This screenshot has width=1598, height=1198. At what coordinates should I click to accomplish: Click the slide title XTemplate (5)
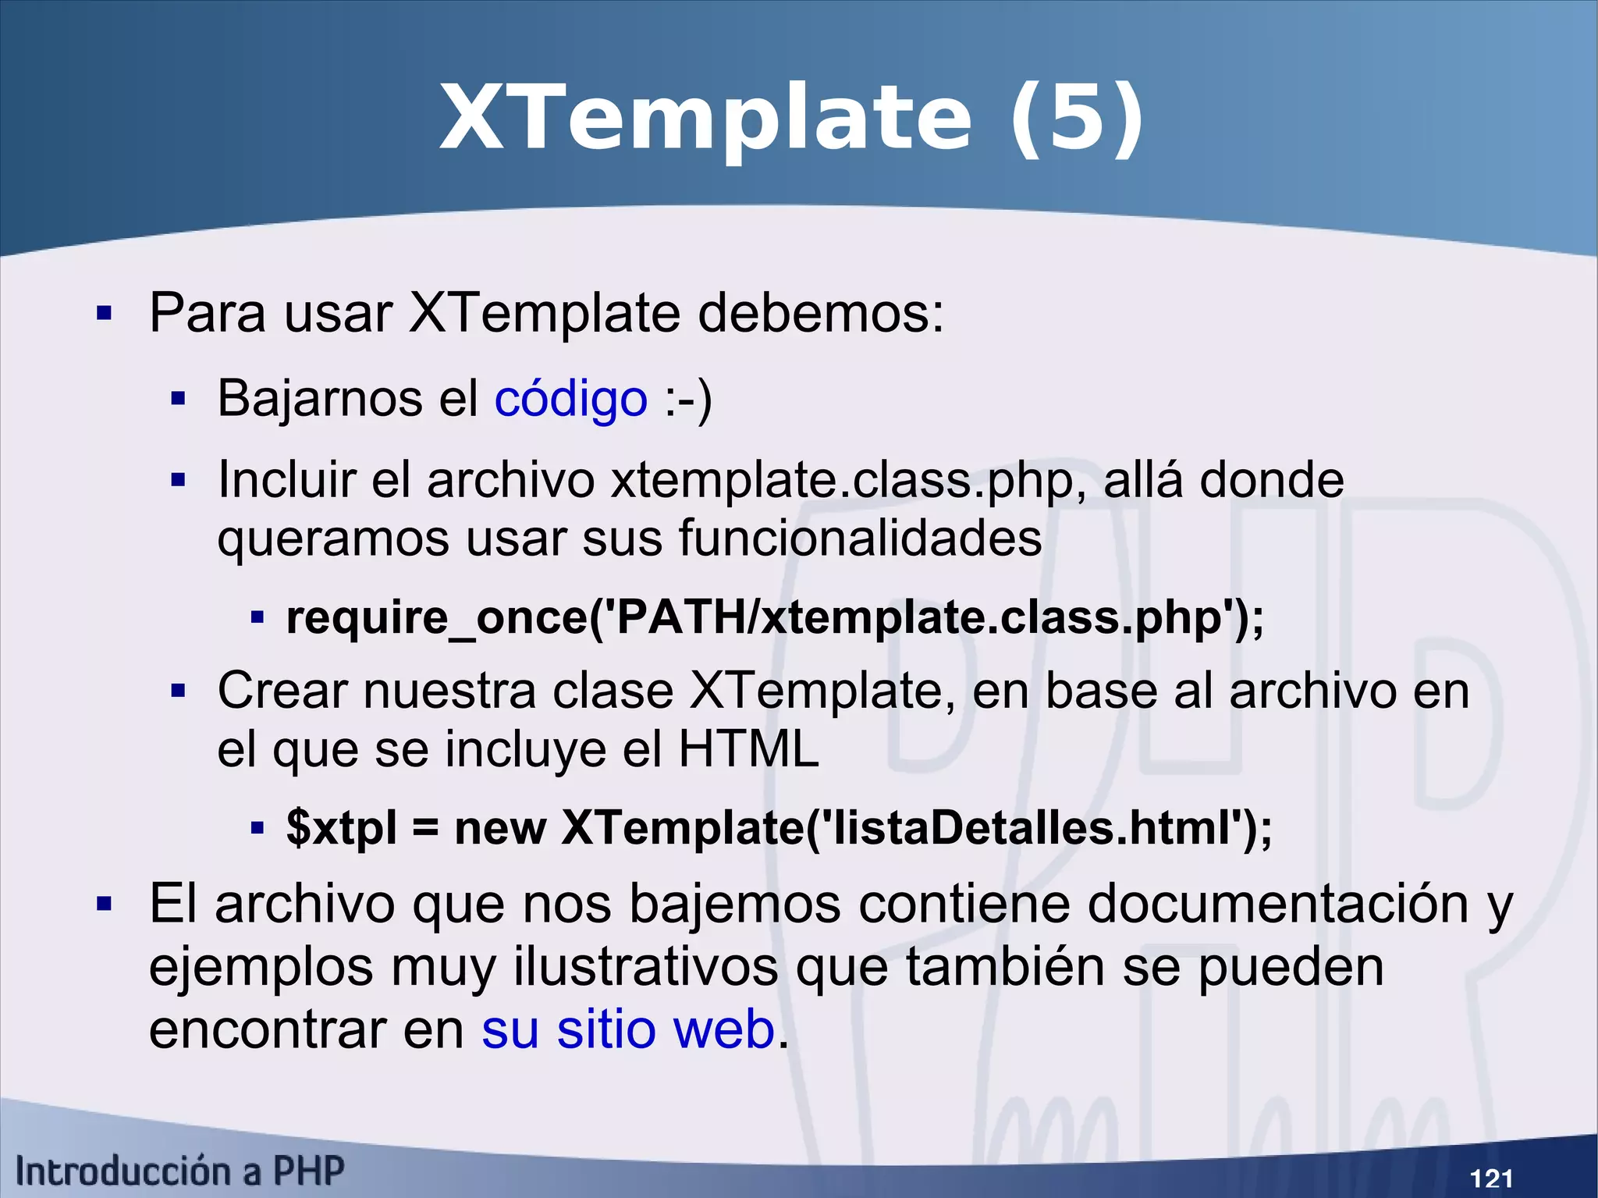(x=791, y=119)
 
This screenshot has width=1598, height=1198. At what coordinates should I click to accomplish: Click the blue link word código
(x=570, y=399)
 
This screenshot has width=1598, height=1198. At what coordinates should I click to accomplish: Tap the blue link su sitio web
(x=628, y=1029)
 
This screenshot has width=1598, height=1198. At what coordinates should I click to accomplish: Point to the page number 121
(x=1490, y=1178)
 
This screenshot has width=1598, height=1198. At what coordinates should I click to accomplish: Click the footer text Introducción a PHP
(x=179, y=1171)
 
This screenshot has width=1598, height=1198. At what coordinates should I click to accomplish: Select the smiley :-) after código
(x=688, y=399)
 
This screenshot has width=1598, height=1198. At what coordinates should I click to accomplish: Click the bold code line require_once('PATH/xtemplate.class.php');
(x=775, y=618)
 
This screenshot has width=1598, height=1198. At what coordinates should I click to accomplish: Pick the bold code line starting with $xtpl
(x=779, y=828)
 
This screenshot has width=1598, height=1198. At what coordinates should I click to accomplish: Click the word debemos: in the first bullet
(x=820, y=314)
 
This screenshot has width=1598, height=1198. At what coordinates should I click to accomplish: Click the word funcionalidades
(x=860, y=539)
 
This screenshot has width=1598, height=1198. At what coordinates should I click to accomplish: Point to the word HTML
(x=748, y=750)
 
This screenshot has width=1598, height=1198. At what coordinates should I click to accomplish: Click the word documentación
(x=1277, y=905)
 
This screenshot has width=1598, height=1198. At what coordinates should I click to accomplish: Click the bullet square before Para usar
(x=104, y=315)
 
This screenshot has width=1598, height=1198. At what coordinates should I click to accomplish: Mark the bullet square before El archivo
(x=104, y=905)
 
